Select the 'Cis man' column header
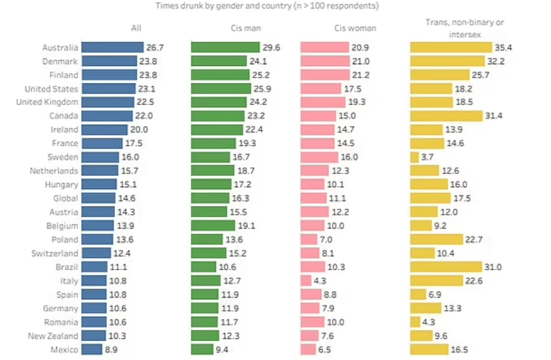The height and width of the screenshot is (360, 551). point(245,28)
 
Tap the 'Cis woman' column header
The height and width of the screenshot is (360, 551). point(355,28)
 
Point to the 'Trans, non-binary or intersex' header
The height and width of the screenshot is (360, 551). point(465,28)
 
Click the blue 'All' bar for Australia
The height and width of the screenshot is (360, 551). point(112,47)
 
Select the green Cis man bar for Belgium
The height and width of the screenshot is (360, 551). point(213,226)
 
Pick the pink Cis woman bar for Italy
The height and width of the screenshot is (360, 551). point(306,281)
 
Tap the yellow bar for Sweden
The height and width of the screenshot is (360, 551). point(414,157)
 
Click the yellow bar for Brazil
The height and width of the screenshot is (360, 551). point(446,267)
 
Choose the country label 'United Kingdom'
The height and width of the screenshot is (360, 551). point(47,102)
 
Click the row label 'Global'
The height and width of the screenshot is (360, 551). point(65,199)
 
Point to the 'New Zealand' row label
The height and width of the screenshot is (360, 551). point(53,336)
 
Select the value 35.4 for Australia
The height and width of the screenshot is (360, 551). point(503,47)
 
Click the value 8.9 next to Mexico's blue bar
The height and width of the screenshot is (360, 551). point(111,350)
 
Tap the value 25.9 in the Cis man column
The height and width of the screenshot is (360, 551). point(262,89)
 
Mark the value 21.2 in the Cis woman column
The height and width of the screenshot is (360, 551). point(361,75)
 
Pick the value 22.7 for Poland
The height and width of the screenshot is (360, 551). point(474,239)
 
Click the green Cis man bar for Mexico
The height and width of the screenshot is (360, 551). point(202,350)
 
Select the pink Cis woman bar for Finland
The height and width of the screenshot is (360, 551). point(325,75)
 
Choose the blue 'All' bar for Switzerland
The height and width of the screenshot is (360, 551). point(96,253)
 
